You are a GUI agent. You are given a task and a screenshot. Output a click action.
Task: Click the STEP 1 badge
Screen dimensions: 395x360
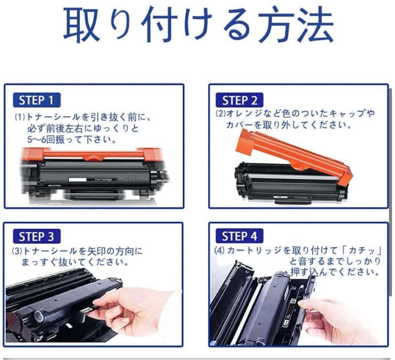pyautogui.click(x=37, y=100)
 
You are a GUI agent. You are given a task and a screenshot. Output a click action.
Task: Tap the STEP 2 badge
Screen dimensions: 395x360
pyautogui.click(x=239, y=100)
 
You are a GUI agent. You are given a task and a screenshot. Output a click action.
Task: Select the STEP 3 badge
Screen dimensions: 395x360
pyautogui.click(x=37, y=236)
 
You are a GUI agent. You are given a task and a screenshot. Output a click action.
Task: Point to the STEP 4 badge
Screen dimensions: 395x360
pyautogui.click(x=239, y=236)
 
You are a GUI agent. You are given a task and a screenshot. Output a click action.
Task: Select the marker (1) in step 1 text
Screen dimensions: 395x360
pyautogui.click(x=20, y=117)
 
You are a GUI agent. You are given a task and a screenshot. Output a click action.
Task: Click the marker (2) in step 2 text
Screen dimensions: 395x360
pyautogui.click(x=221, y=114)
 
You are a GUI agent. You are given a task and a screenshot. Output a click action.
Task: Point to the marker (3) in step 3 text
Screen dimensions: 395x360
pyautogui.click(x=17, y=251)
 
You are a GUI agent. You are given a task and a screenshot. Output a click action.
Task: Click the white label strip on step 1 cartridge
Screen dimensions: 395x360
pyautogui.click(x=78, y=180)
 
